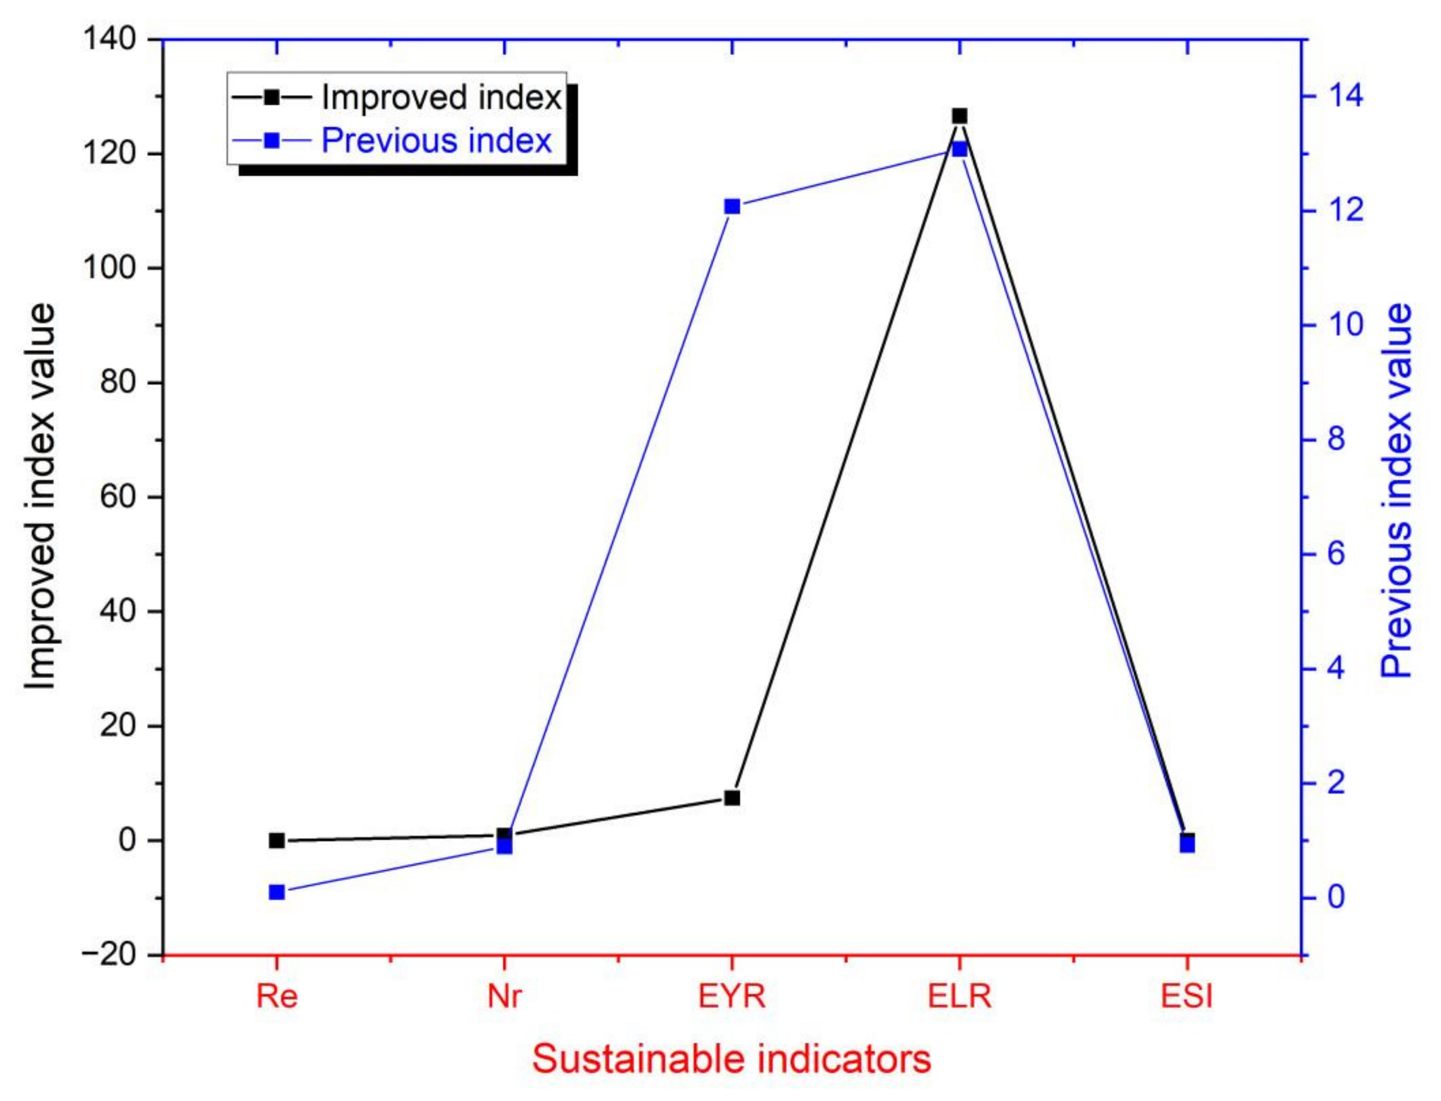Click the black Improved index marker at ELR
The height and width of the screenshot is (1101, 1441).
click(960, 116)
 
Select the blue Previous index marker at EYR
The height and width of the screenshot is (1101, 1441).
click(732, 206)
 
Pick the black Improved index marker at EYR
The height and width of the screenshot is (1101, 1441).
click(732, 798)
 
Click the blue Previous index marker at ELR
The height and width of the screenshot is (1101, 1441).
click(960, 149)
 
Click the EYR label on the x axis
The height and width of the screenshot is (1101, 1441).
click(732, 997)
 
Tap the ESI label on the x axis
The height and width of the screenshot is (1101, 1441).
click(1186, 997)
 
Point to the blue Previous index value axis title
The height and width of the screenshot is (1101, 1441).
click(1396, 490)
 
